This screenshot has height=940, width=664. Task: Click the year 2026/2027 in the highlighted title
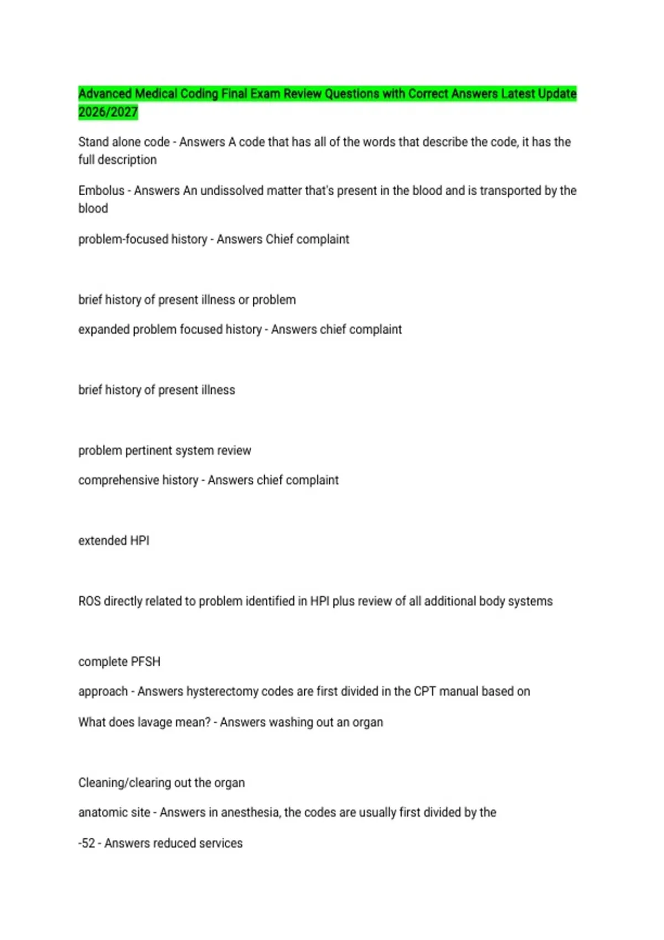click(x=108, y=112)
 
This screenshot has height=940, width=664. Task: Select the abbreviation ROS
click(x=89, y=601)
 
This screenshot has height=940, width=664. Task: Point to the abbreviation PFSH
click(x=146, y=662)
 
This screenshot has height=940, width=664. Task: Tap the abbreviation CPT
click(x=424, y=692)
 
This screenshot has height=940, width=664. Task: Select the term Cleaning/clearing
click(x=124, y=783)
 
